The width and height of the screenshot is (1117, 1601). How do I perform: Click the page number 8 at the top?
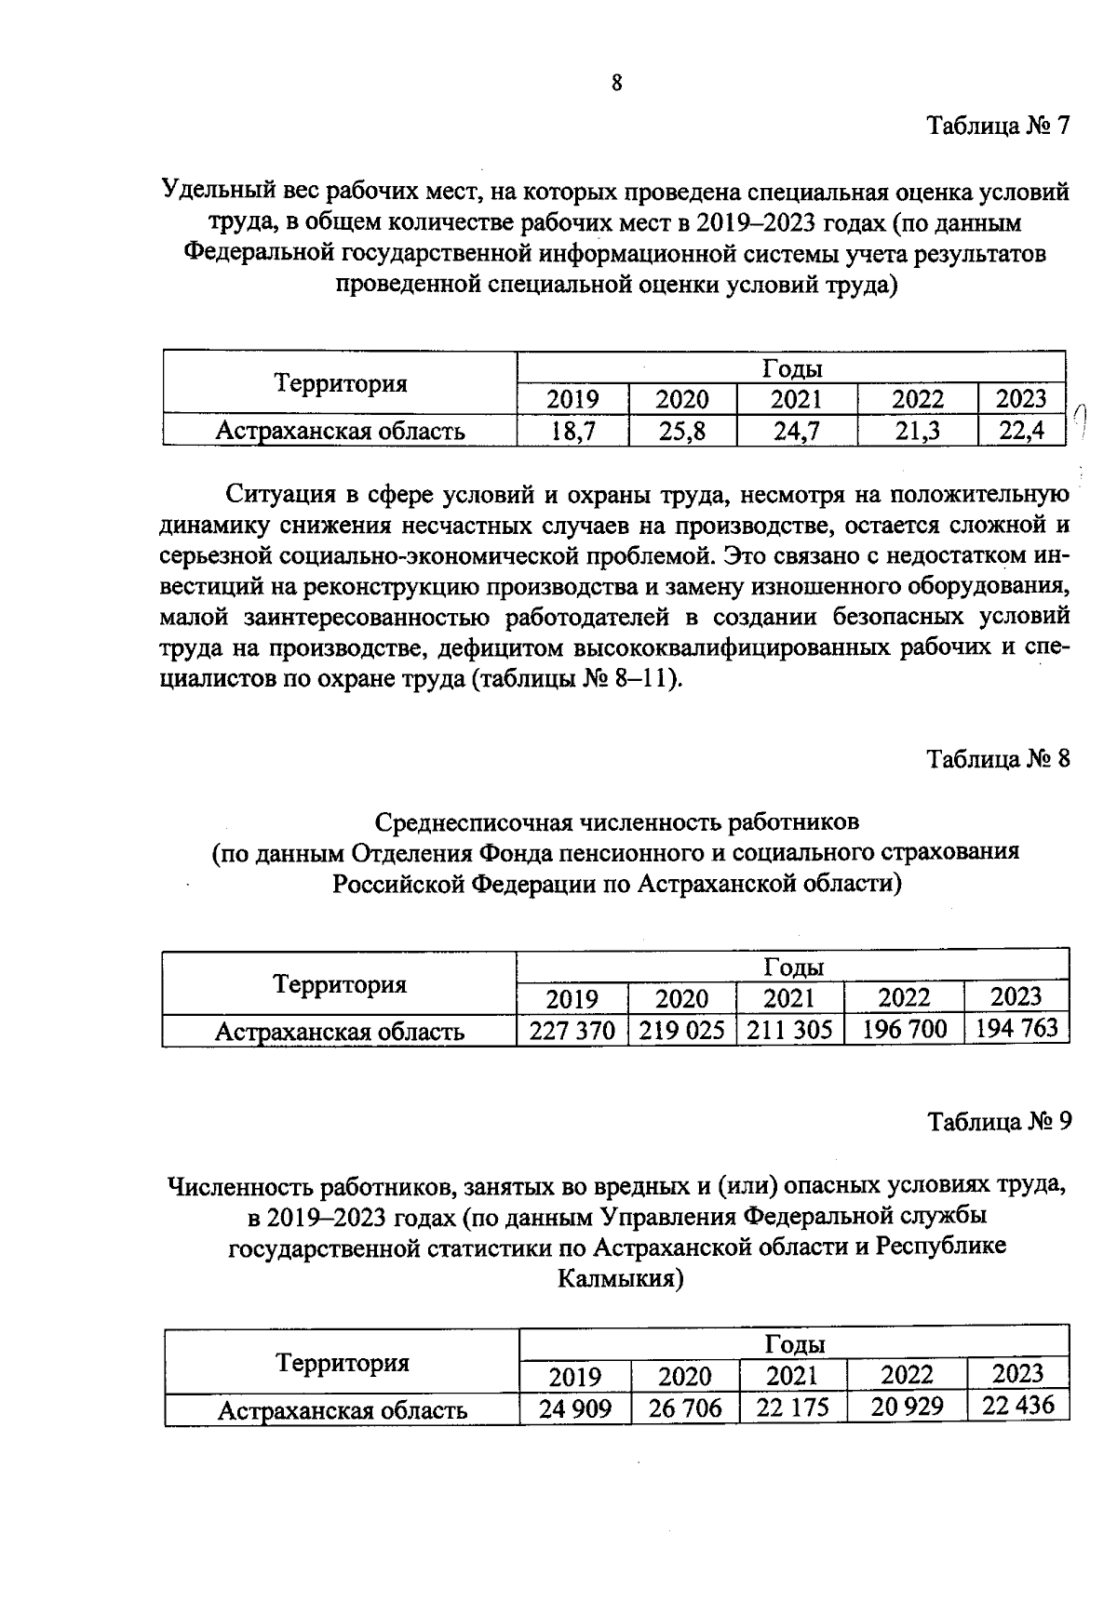616,84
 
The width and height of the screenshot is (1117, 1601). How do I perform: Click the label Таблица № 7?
998,126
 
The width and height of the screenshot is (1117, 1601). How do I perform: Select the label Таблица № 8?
998,759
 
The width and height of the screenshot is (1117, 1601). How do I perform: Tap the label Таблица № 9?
999,1122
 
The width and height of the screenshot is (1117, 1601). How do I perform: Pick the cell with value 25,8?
682,431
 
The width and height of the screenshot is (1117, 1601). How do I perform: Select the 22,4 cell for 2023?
1021,430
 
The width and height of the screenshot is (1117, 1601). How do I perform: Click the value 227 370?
572,1031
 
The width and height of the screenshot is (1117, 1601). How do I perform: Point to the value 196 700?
904,1029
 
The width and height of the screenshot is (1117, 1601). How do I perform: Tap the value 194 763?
1016,1028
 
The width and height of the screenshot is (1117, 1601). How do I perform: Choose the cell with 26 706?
685,1408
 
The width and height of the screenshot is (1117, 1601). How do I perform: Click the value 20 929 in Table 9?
907,1407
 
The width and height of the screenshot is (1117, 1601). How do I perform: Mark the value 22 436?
1017,1405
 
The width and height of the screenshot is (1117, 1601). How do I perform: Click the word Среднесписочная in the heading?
475,822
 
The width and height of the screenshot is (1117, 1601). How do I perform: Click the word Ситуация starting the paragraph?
282,494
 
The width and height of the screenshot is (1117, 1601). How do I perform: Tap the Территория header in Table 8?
340,984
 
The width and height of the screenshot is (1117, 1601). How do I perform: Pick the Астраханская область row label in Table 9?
342,1410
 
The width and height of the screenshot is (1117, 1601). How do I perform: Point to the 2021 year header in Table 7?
796,400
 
